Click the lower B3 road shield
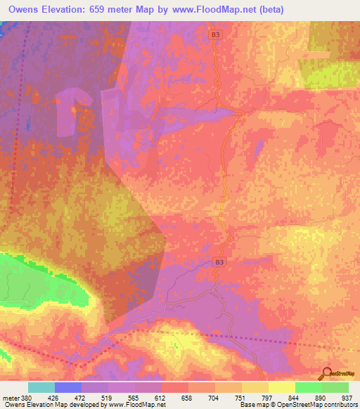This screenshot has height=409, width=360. pyautogui.click(x=220, y=262)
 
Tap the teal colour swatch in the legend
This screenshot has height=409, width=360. pyautogui.click(x=41, y=387)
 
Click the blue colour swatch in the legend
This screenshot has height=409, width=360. pyautogui.click(x=68, y=387)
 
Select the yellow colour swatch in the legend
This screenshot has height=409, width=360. pyautogui.click(x=282, y=387)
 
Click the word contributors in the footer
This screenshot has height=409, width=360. pyautogui.click(x=337, y=405)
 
